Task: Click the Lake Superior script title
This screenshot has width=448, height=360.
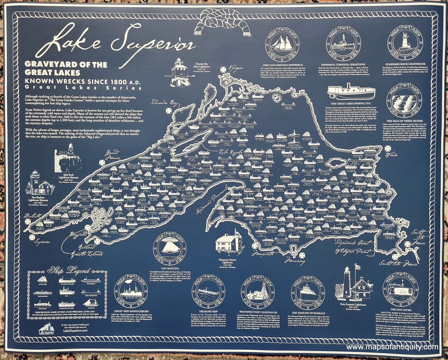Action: [121, 43]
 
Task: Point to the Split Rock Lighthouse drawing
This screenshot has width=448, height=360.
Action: [68, 158]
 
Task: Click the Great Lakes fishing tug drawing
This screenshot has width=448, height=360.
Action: [351, 91]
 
